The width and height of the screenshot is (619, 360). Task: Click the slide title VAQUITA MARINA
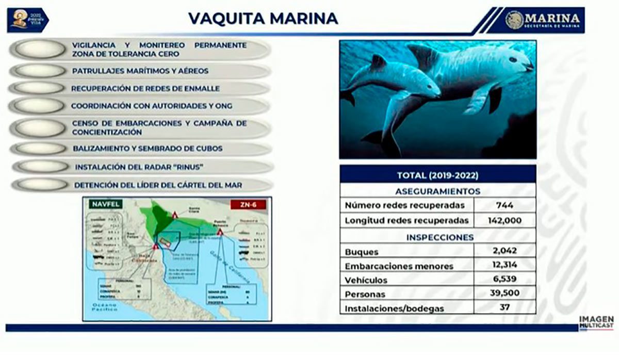[x=263, y=19]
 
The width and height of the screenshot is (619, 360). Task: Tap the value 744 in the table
[x=504, y=205]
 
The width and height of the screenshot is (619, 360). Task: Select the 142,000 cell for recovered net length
[x=504, y=221]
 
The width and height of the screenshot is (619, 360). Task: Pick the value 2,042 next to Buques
[x=504, y=251]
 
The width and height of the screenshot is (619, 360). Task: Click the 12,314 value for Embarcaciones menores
[x=504, y=265]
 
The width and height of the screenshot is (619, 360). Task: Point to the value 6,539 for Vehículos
[x=504, y=280]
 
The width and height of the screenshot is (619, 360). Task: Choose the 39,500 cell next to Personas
[x=504, y=293]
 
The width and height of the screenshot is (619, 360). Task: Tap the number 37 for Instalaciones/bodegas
[x=504, y=307]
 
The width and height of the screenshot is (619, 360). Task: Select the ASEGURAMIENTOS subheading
[x=437, y=191]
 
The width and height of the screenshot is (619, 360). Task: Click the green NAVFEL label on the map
[x=106, y=204]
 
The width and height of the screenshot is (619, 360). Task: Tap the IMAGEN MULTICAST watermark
[x=597, y=323]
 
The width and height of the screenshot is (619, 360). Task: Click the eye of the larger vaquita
[x=513, y=60]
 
